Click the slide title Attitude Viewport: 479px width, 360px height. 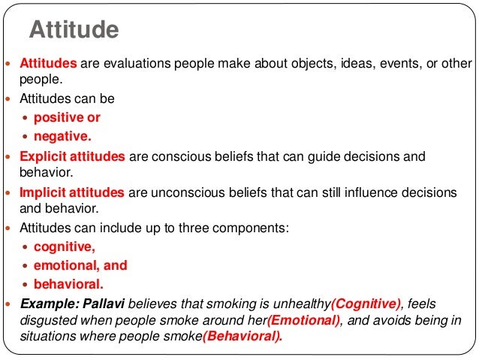point(74,30)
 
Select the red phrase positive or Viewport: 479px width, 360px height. point(67,117)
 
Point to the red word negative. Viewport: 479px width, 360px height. point(62,137)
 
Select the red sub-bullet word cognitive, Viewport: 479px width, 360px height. point(65,246)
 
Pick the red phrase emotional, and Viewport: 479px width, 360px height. point(80,265)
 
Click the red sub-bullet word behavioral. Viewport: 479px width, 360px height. point(68,285)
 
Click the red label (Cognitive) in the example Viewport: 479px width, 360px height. point(366,304)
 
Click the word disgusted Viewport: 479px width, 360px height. point(48,320)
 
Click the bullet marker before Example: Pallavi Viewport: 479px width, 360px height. point(9,304)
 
